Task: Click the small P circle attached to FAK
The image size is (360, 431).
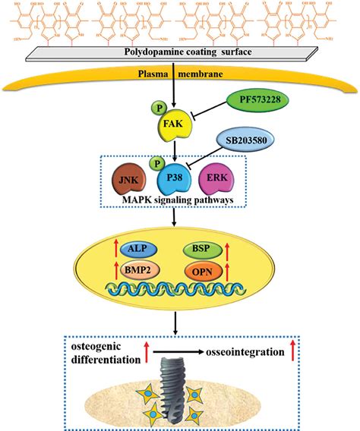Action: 160,108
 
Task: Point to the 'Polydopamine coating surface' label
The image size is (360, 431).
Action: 179,53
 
